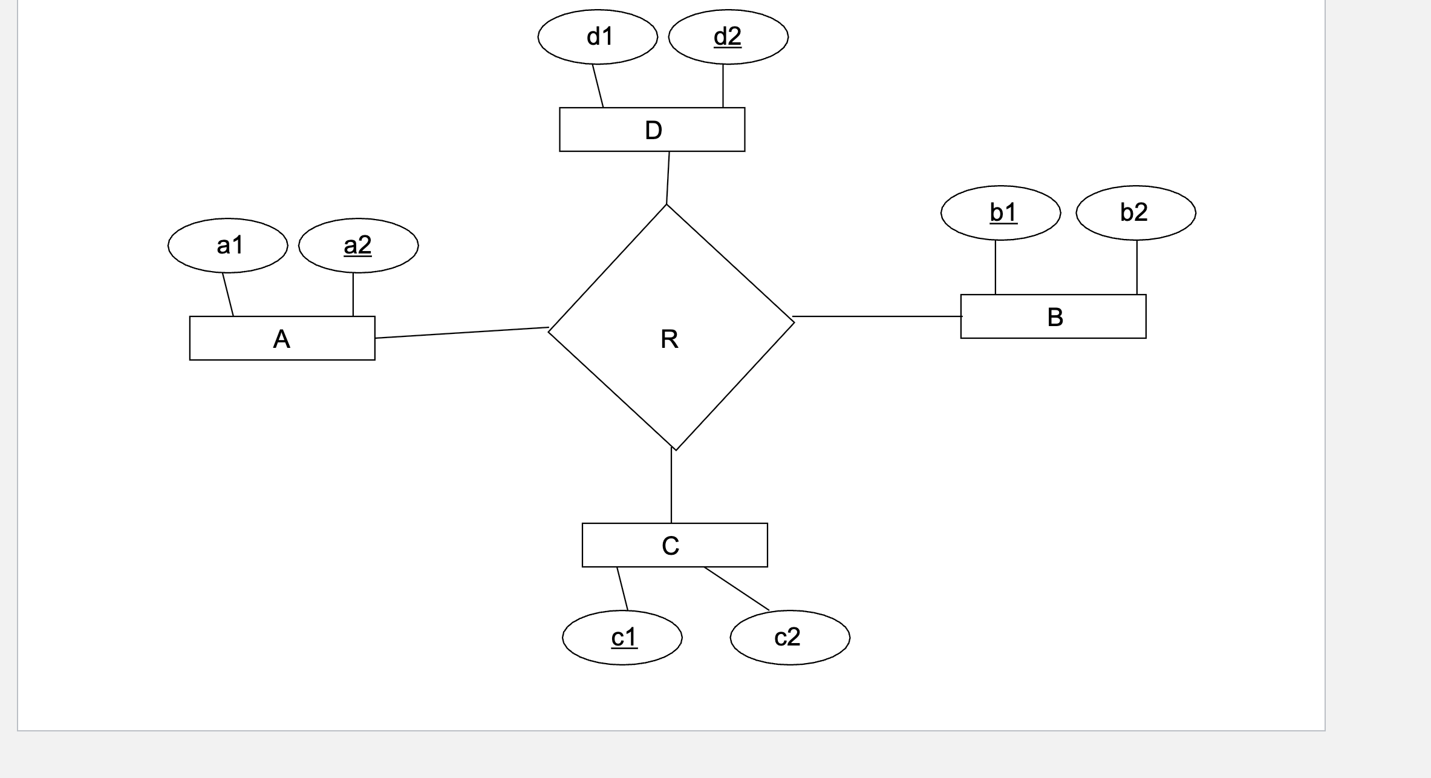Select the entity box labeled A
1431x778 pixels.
[x=282, y=338]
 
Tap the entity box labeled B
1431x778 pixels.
[x=1053, y=316]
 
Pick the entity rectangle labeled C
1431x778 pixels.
[x=674, y=545]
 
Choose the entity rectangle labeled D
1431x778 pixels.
[x=652, y=129]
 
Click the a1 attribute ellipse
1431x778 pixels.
[x=227, y=246]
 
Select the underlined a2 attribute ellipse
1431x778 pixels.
[x=358, y=246]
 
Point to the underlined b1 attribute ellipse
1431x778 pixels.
[x=1000, y=213]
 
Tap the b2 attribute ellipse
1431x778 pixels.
[x=1135, y=213]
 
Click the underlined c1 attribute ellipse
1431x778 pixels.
[x=622, y=638]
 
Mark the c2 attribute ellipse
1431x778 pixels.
[x=790, y=638]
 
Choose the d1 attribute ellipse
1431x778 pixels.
[x=598, y=37]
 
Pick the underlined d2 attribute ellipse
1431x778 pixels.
[x=728, y=37]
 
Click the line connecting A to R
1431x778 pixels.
[x=461, y=333]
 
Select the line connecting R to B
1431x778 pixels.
[x=877, y=316]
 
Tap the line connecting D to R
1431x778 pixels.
[x=668, y=178]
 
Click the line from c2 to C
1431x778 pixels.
[x=737, y=589]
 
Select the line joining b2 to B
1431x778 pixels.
[x=1136, y=267]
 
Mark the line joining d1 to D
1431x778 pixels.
[x=598, y=86]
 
